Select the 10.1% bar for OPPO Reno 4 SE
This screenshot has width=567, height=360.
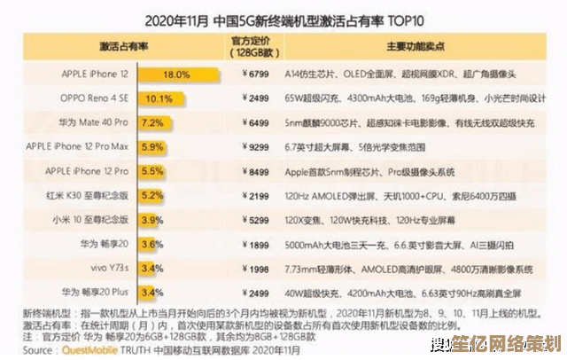(156, 98)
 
